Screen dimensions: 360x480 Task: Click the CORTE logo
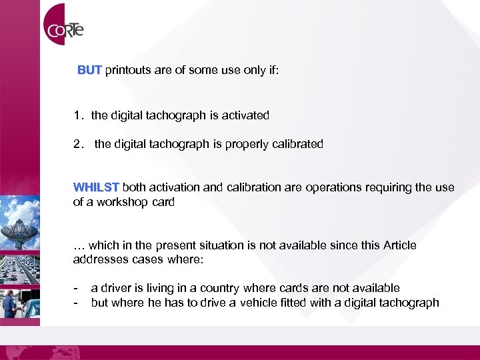click(64, 29)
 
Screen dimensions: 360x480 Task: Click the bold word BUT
click(89, 70)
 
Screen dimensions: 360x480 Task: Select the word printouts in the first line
click(128, 70)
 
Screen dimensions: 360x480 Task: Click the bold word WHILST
click(96, 188)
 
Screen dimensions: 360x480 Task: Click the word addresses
click(97, 259)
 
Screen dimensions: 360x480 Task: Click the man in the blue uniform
click(10, 303)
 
